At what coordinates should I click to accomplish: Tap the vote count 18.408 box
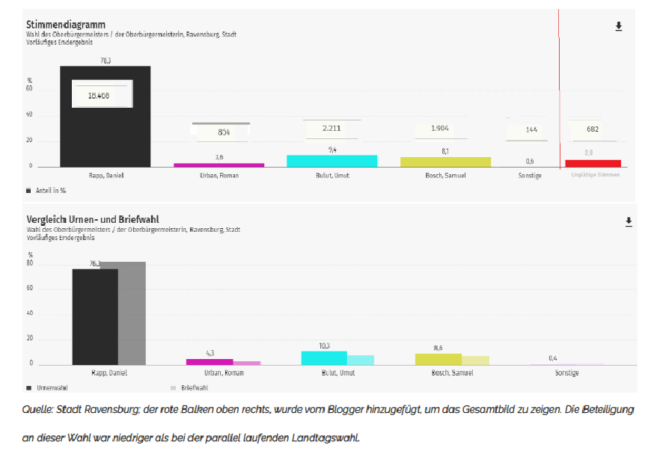[x=102, y=95]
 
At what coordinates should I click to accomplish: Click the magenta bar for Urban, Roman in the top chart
[x=218, y=165]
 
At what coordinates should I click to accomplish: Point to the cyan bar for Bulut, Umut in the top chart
[x=331, y=161]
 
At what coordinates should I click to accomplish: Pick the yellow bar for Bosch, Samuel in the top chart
[x=445, y=162]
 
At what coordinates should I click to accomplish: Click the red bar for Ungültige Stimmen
[x=593, y=163]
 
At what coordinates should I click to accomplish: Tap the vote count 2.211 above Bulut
[x=331, y=129]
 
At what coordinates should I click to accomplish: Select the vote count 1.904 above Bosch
[x=441, y=129]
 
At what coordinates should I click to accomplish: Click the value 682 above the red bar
[x=593, y=129]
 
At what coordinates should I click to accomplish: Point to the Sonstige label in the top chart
[x=529, y=176]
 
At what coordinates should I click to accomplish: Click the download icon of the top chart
[x=619, y=26]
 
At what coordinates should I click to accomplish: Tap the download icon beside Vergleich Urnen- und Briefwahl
[x=629, y=221]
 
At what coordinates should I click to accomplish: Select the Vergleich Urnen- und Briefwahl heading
[x=93, y=219]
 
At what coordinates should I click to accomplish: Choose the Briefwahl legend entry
[x=192, y=388]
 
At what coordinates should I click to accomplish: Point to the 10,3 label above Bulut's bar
[x=324, y=346]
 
